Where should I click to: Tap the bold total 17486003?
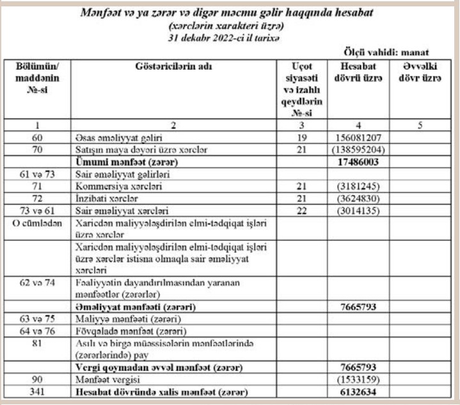point(358,163)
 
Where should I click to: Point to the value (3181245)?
point(358,187)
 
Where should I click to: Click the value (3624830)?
point(358,199)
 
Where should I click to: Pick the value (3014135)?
point(358,211)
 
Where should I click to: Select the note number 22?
point(303,211)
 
